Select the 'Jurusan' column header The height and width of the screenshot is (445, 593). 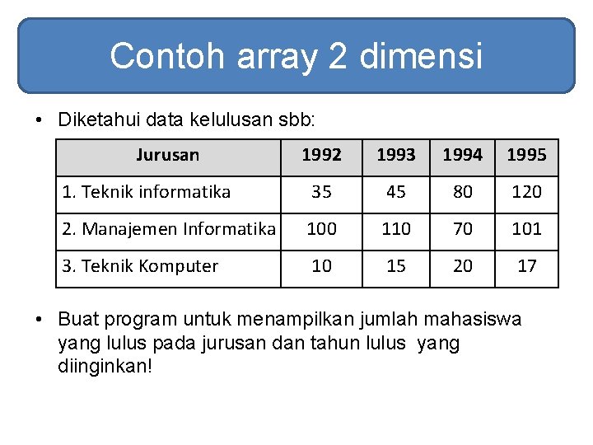[x=168, y=155]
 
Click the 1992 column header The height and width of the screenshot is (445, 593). [x=321, y=155]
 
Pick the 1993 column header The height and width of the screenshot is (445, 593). [x=396, y=155]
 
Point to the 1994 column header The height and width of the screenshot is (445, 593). [x=463, y=155]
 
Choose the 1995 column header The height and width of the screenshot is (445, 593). [x=526, y=155]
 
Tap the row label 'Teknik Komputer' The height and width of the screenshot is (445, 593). [x=149, y=266]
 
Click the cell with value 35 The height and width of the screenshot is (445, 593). [x=321, y=192]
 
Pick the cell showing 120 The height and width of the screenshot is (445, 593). [x=526, y=192]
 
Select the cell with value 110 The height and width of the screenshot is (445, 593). [x=396, y=229]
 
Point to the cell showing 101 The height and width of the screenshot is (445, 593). [x=526, y=229]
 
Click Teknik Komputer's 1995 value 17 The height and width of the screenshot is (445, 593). [x=526, y=266]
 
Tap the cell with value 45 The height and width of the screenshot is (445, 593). [x=396, y=192]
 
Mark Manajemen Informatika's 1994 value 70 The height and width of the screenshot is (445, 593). [x=463, y=229]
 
